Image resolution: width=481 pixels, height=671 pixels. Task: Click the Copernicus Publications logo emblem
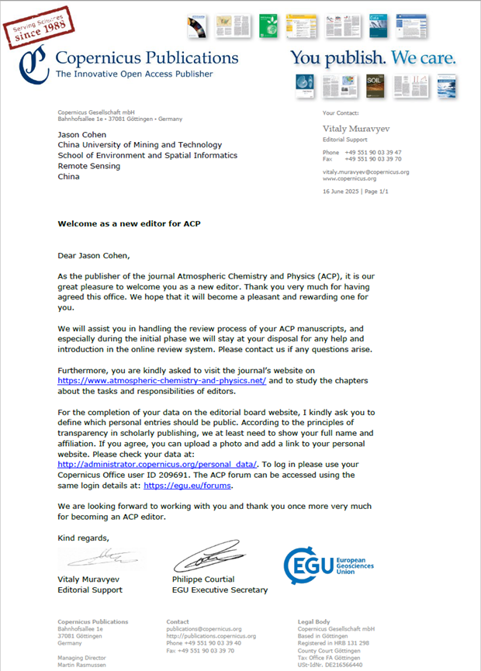pyautogui.click(x=36, y=64)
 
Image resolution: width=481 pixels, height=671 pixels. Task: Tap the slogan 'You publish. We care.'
pyautogui.click(x=372, y=58)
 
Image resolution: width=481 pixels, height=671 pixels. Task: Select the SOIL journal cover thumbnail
pyautogui.click(x=375, y=85)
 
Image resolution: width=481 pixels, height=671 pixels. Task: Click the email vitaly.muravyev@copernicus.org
pyautogui.click(x=365, y=171)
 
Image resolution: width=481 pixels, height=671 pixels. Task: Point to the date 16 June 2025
pyautogui.click(x=344, y=191)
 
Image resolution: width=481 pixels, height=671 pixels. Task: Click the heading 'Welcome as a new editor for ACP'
pyautogui.click(x=130, y=223)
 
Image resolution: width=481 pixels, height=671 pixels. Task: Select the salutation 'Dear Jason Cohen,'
pyautogui.click(x=96, y=254)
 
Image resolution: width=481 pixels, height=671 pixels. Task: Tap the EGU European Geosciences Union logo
pyautogui.click(x=329, y=566)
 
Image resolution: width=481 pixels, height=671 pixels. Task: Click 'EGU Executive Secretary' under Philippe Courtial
pyautogui.click(x=220, y=590)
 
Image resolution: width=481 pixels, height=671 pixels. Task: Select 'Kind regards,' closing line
pyautogui.click(x=84, y=538)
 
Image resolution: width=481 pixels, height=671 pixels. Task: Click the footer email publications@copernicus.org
pyautogui.click(x=204, y=629)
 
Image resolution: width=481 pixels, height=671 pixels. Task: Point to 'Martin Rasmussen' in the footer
pyautogui.click(x=85, y=665)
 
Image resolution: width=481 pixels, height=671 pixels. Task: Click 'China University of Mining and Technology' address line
pyautogui.click(x=140, y=145)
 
